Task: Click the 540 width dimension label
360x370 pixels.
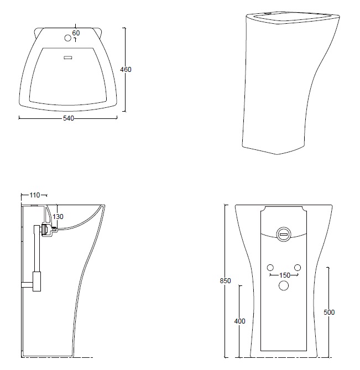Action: pos(69,118)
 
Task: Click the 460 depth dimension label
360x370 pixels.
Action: pos(126,70)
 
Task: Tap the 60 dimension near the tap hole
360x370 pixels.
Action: pos(76,33)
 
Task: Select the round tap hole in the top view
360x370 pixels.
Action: pos(68,38)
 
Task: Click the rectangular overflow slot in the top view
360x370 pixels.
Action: pos(69,58)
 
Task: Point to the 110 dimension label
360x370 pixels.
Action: pos(35,195)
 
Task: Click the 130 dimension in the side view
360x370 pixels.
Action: pos(58,217)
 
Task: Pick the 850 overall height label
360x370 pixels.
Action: pos(225,281)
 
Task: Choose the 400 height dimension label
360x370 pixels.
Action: pos(239,321)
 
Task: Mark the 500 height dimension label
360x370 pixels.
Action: pos(329,312)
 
